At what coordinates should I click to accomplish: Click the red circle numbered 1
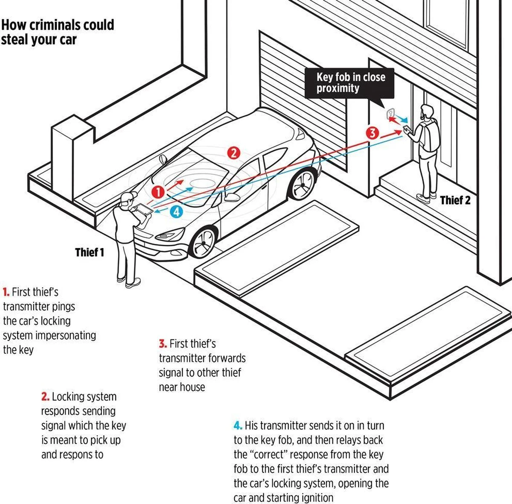(158, 192)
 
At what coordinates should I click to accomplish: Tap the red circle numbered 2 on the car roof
(233, 152)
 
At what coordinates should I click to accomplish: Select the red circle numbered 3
(372, 133)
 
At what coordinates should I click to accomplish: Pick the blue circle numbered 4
(177, 211)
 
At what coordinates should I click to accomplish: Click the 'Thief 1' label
(90, 252)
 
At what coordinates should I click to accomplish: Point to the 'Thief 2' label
(455, 200)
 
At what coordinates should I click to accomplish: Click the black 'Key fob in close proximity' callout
(350, 83)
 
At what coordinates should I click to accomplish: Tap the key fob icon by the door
(390, 113)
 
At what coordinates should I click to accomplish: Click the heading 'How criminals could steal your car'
(57, 32)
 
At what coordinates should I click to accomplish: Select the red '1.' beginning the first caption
(6, 293)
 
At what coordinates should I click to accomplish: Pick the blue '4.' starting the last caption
(238, 426)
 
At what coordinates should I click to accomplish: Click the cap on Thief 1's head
(127, 198)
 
